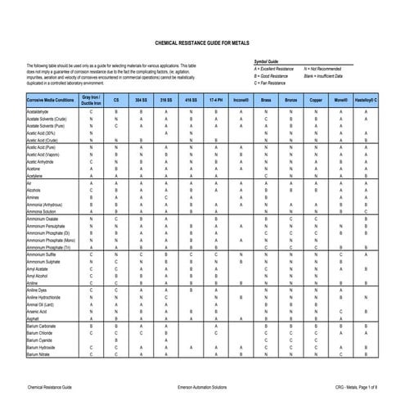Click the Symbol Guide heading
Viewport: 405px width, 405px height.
coord(268,61)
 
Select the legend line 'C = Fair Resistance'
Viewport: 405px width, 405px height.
coord(274,83)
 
